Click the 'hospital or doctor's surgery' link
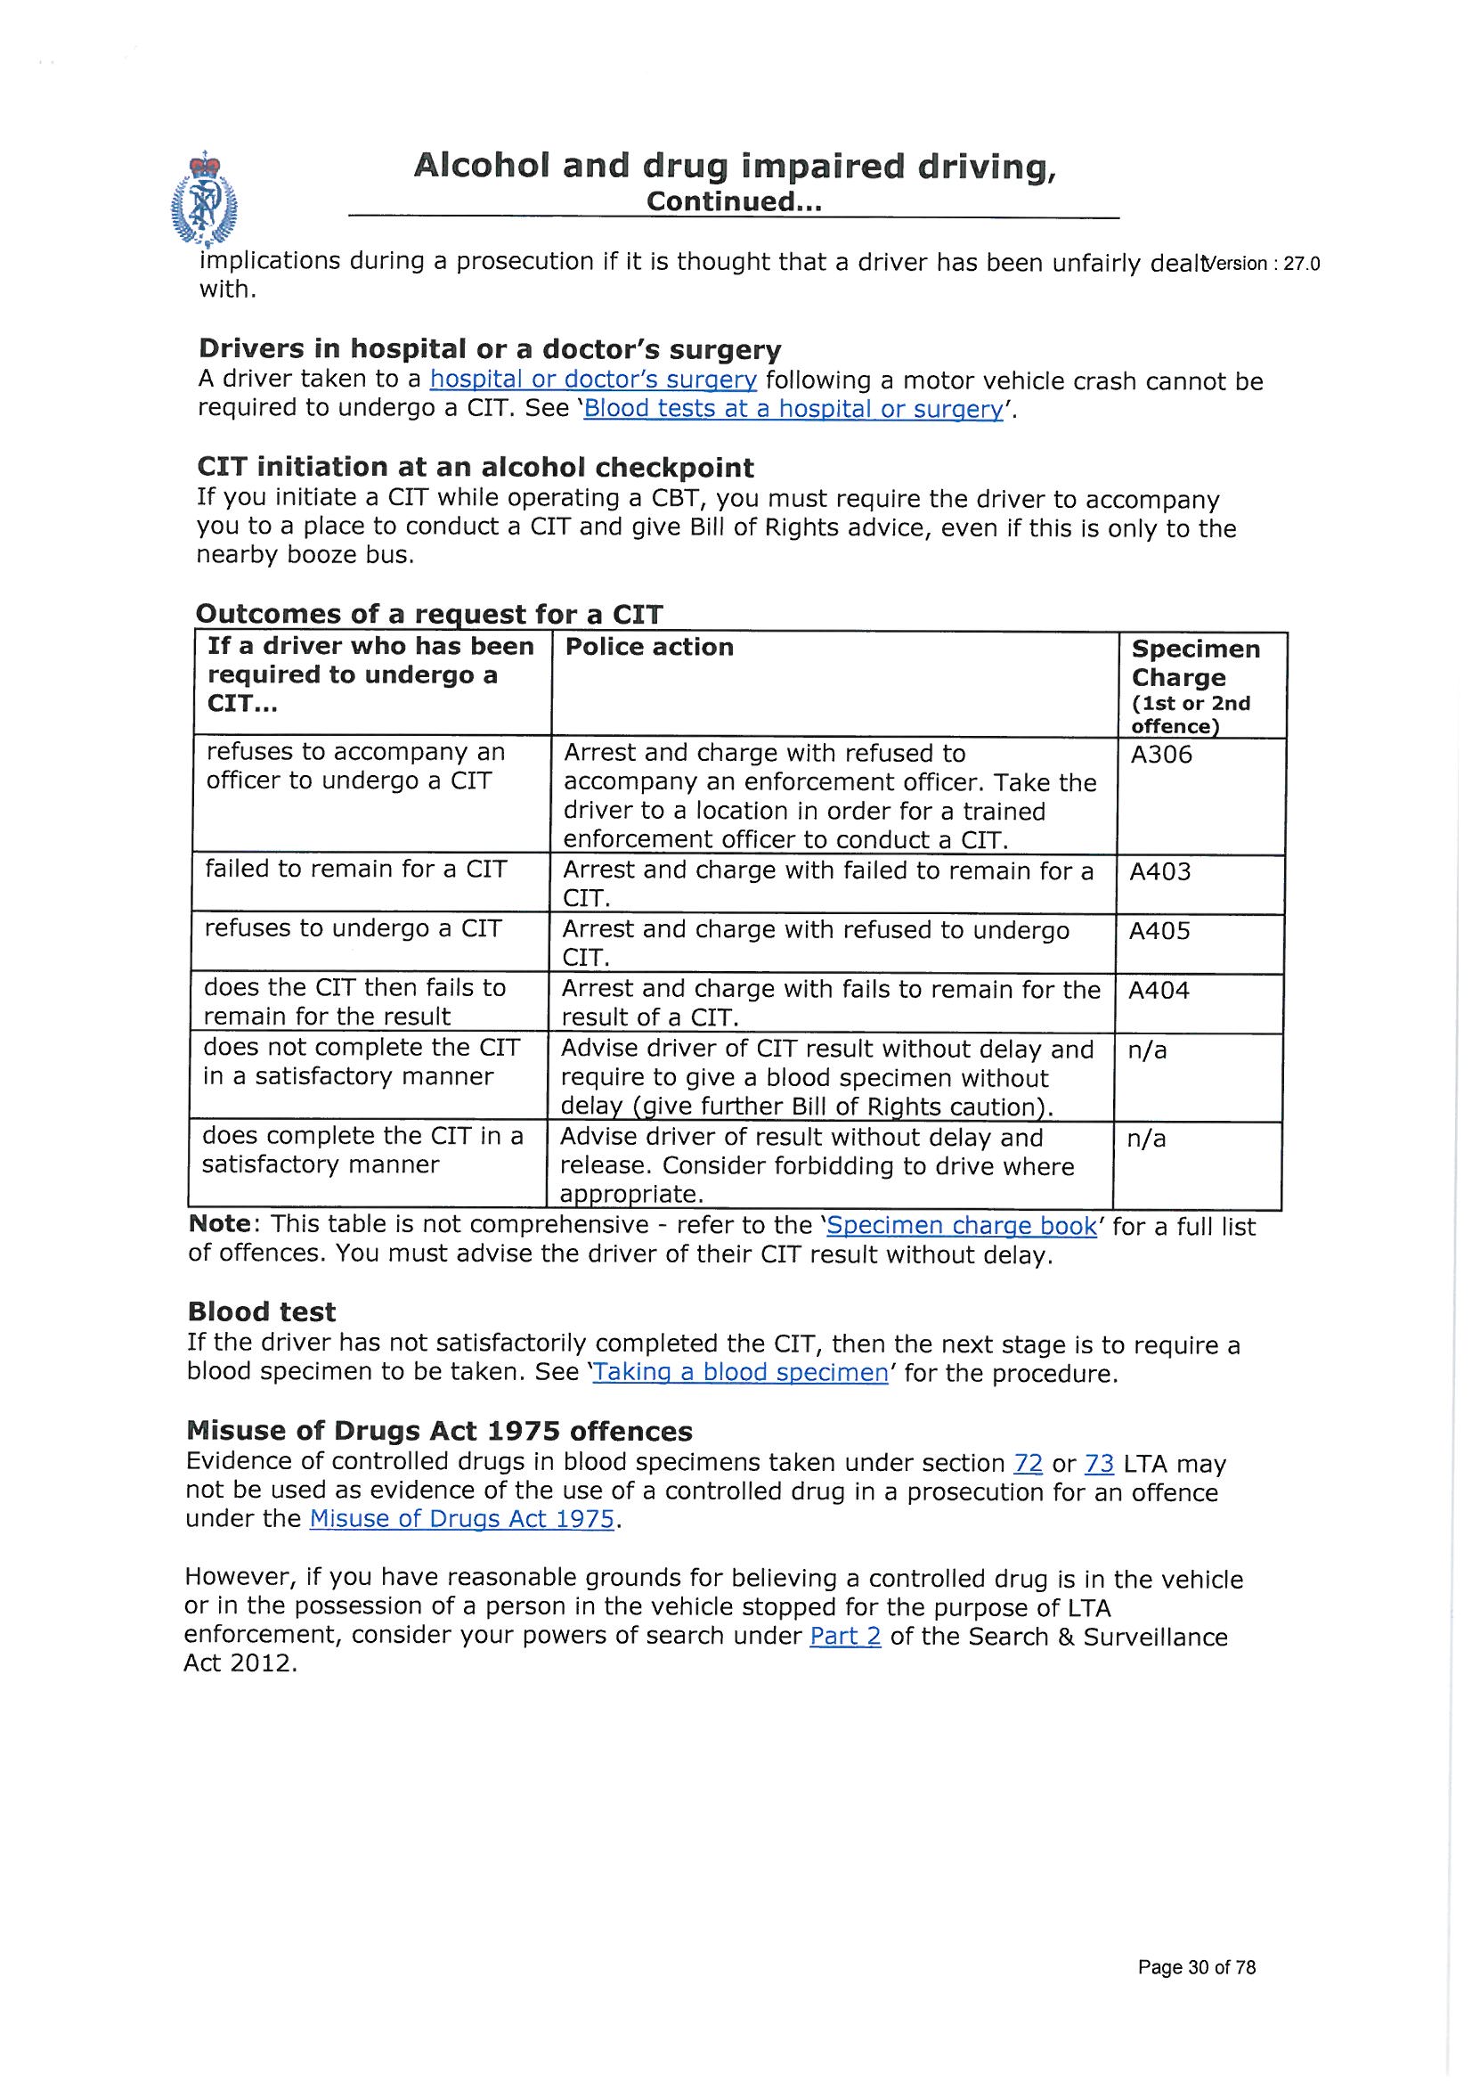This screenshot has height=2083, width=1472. [x=592, y=380]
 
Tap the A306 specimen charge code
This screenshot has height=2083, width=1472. [x=1161, y=755]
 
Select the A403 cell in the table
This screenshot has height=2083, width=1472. [x=1160, y=872]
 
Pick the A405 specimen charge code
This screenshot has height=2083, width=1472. [x=1159, y=931]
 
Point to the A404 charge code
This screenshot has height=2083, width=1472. [x=1159, y=990]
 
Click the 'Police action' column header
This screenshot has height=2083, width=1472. [x=648, y=647]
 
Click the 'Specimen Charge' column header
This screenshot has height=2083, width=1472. [x=1194, y=663]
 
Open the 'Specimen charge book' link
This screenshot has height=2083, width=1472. [x=962, y=1226]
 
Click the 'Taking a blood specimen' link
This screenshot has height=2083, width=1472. [x=740, y=1373]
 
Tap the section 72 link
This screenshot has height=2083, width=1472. [x=1028, y=1464]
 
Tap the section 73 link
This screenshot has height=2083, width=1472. [x=1098, y=1464]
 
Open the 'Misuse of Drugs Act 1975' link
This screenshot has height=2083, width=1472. [x=461, y=1520]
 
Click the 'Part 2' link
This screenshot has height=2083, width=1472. [x=844, y=1638]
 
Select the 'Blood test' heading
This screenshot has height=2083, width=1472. [x=261, y=1311]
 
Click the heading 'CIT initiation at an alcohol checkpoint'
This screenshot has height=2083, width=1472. [x=476, y=467]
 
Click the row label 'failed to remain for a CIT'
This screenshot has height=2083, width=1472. [x=354, y=870]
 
